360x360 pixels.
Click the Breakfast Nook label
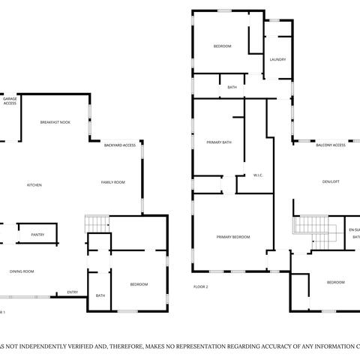point(55,121)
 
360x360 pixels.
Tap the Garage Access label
point(10,100)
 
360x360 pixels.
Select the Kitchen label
point(34,185)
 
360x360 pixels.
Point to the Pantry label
point(37,235)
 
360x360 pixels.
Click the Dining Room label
point(21,271)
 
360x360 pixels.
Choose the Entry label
point(73,292)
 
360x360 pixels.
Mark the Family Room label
point(113,182)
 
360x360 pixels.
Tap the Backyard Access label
point(120,144)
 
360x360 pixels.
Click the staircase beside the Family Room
point(97,223)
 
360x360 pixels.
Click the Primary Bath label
point(219,142)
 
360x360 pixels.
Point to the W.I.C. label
point(258,175)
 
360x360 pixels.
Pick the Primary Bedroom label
point(233,237)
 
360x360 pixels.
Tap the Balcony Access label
point(331,145)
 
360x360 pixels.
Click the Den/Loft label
point(331,181)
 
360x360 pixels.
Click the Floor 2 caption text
point(200,286)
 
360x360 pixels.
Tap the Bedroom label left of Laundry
point(222,46)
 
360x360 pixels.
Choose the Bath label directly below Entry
point(100,295)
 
